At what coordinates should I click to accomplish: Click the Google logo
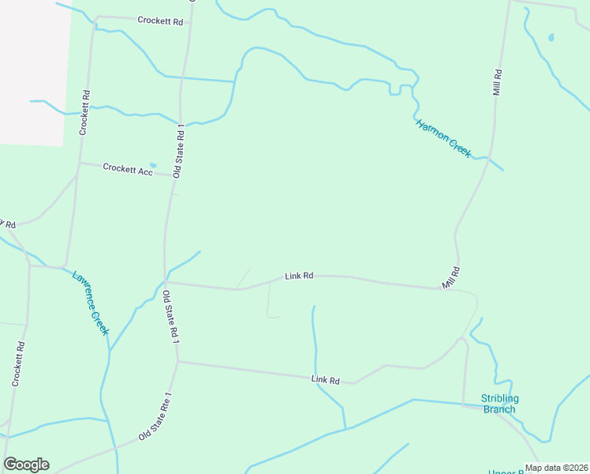[x=26, y=465]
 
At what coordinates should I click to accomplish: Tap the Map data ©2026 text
[x=556, y=468]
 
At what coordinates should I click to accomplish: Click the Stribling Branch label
[x=500, y=404]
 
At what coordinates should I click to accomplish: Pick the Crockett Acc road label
[x=127, y=169]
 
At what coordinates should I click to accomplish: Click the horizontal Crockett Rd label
[x=160, y=21]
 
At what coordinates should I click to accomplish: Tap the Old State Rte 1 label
[x=155, y=416]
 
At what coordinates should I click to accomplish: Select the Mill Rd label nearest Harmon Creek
[x=498, y=82]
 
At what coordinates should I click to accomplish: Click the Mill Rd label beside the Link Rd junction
[x=451, y=278]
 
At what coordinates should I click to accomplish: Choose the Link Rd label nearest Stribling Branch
[x=325, y=380]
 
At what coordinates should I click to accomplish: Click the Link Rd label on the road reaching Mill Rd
[x=300, y=276]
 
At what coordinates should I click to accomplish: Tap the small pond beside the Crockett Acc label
[x=152, y=165]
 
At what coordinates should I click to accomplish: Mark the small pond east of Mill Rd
[x=551, y=37]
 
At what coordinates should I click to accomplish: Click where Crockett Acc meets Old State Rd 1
[x=174, y=175]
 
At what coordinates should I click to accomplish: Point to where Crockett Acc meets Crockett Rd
[x=79, y=164]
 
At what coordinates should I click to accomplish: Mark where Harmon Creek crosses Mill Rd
[x=489, y=160]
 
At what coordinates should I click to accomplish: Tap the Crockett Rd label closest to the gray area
[x=84, y=113]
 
